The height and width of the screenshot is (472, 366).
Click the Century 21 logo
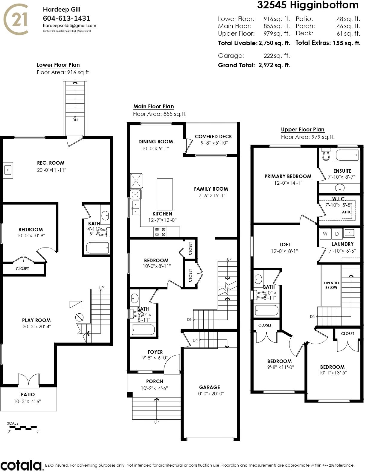16,19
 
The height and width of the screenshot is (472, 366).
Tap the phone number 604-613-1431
66,18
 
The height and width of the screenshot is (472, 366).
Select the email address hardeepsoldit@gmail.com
69,26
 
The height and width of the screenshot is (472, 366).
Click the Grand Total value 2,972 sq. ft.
274,65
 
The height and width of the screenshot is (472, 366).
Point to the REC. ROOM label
51,163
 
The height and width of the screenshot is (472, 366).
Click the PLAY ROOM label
36,320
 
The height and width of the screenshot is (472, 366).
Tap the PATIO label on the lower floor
28,394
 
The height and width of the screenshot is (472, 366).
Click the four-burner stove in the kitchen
160,232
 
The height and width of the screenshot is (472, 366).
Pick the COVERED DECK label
213,136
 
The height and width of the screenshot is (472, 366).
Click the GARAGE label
210,387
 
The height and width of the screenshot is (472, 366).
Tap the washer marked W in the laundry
325,234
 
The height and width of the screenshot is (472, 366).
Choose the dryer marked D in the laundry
337,234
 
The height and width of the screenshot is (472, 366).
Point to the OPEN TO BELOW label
331,285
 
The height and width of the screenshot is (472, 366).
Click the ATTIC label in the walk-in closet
347,212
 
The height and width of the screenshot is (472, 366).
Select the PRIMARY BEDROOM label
288,176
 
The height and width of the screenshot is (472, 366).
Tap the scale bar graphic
23,428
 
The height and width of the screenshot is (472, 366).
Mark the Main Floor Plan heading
154,107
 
